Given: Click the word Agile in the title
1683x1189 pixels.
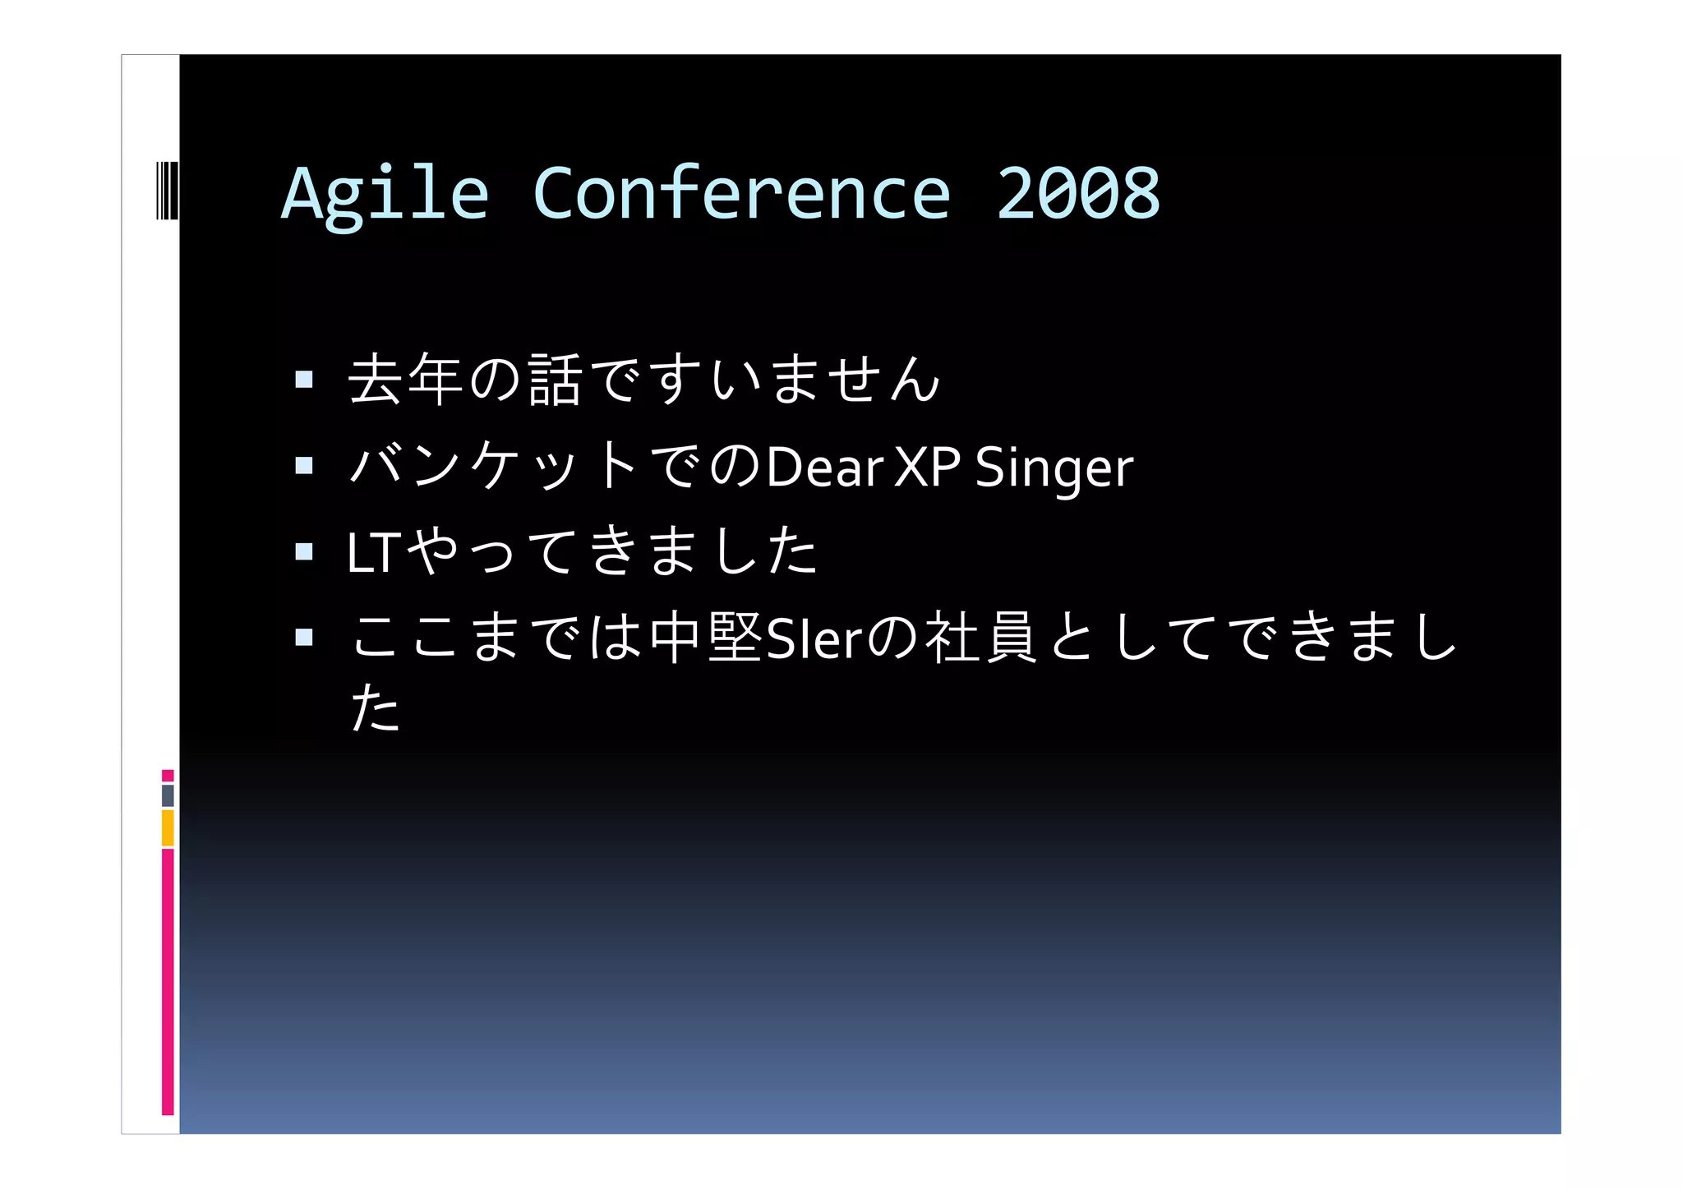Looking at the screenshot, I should [x=385, y=194].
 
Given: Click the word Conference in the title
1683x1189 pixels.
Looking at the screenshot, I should [x=741, y=194].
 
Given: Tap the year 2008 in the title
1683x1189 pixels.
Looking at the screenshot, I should [x=1077, y=194].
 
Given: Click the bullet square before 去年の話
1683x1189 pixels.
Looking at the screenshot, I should [x=304, y=379].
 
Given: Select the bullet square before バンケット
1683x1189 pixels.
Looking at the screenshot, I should [x=304, y=466].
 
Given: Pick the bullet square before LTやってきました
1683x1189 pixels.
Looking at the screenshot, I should [x=304, y=551].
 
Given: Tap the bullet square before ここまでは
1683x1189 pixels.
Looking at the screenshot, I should [x=304, y=637].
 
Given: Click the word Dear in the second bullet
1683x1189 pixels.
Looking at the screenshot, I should [x=824, y=467].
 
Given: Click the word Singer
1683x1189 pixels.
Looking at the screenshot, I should [x=1054, y=468].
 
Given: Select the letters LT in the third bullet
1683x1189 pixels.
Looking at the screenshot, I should [x=373, y=553].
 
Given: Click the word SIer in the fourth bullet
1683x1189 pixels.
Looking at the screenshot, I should [x=814, y=638].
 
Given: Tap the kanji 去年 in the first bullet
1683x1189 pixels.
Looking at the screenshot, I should [x=405, y=379].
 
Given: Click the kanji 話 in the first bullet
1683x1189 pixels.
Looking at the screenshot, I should [x=556, y=379].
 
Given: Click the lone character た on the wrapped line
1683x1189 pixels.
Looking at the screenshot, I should [x=375, y=707].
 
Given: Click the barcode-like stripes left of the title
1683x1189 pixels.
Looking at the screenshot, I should [x=167, y=191].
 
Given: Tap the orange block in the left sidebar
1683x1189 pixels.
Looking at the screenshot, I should [x=168, y=827].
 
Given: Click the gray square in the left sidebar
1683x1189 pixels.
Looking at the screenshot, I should [x=168, y=795].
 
